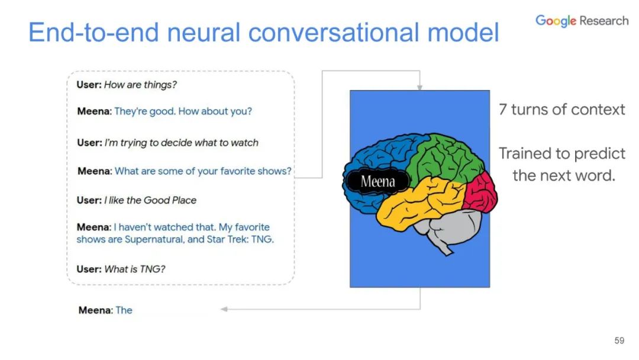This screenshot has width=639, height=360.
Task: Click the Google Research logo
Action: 582,21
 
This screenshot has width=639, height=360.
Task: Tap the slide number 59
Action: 619,340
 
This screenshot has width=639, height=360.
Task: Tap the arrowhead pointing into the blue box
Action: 419,87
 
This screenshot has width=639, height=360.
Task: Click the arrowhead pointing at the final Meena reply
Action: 224,309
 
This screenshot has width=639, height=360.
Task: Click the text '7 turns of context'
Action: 561,110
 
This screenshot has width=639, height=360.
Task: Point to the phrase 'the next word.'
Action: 563,175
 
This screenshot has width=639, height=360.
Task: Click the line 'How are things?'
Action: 140,85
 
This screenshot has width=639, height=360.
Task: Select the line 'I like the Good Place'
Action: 150,200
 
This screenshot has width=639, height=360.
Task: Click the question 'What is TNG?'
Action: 134,269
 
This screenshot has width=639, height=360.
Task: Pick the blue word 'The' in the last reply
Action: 124,310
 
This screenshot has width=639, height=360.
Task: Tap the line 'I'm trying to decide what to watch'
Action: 181,143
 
